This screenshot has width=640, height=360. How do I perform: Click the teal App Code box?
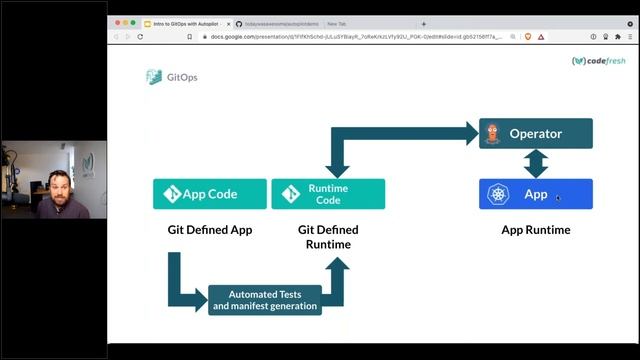tap(210, 194)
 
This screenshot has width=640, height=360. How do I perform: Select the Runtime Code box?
tap(328, 194)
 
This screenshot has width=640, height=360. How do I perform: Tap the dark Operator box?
tap(536, 134)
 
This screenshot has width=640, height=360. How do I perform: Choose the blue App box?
tap(536, 194)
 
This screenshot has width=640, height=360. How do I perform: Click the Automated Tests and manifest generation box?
tap(265, 300)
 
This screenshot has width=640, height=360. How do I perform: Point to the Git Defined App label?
tap(210, 230)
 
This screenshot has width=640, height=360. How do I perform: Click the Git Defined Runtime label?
tap(328, 236)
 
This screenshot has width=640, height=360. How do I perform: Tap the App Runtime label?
tap(536, 230)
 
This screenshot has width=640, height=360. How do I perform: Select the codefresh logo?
tap(598, 61)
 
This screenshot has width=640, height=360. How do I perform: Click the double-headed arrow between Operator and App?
tap(536, 164)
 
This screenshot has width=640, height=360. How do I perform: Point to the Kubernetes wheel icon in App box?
tap(499, 194)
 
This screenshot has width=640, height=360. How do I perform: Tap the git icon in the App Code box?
tap(171, 194)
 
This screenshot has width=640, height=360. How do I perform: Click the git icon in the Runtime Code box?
tap(292, 194)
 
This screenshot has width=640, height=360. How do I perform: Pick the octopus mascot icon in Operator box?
tap(492, 134)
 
